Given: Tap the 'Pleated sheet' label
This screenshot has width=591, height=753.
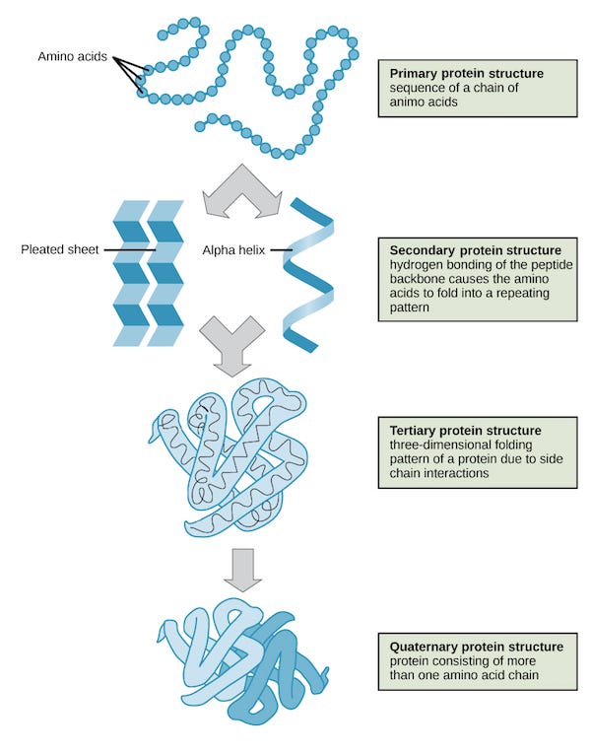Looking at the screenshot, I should tap(60, 249).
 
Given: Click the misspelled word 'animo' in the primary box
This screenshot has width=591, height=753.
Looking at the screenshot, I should tap(407, 102).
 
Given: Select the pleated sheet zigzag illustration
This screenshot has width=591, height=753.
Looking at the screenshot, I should tap(149, 272).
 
